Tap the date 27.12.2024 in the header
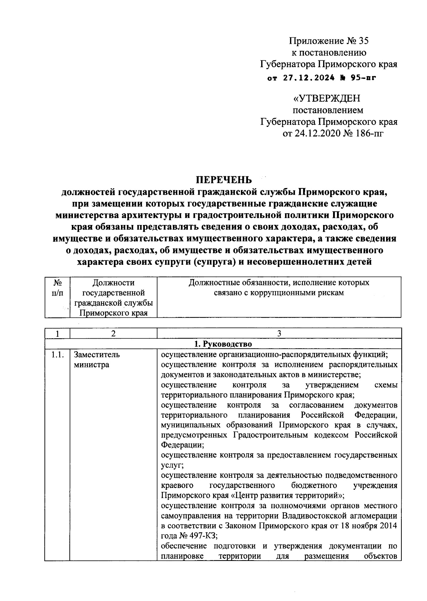pyautogui.click(x=309, y=77)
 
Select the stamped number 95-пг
pyautogui.click(x=363, y=77)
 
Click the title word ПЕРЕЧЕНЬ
pyautogui.click(x=224, y=180)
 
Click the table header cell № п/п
pyautogui.click(x=57, y=288)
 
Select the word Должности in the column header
pyautogui.click(x=113, y=283)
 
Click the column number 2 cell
pyautogui.click(x=113, y=333)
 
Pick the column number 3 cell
pyautogui.click(x=279, y=333)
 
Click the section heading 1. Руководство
pyautogui.click(x=223, y=344)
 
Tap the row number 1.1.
pyautogui.click(x=57, y=355)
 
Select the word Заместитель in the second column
pyautogui.click(x=97, y=355)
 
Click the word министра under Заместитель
pyautogui.click(x=91, y=365)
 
